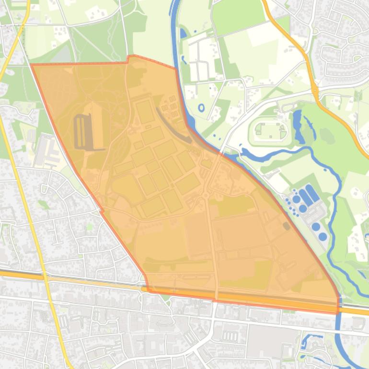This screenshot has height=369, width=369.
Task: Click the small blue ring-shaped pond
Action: tap(201, 107)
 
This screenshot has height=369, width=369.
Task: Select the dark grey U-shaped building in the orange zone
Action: tap(81, 132)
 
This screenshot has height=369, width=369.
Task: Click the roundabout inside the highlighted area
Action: tap(207, 196)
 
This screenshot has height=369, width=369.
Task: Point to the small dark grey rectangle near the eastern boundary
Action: tap(286, 225)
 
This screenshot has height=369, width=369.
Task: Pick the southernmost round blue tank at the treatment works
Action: tap(323, 237)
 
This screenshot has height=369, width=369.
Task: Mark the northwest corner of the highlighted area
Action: tap(32, 65)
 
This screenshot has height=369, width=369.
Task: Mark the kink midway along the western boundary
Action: tap(102, 210)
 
